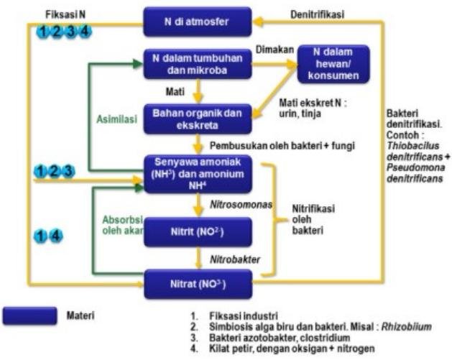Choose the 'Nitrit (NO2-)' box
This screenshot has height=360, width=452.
[197, 232]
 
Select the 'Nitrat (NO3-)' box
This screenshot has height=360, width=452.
[197, 284]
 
